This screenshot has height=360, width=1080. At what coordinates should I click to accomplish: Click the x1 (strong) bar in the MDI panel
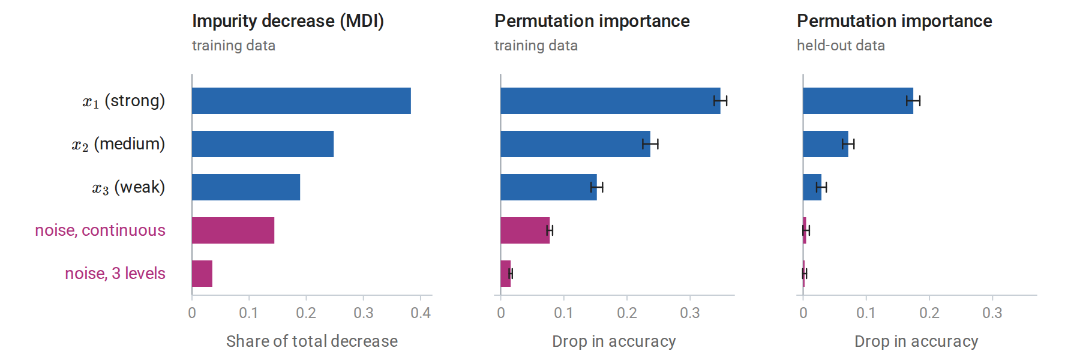pyautogui.click(x=301, y=101)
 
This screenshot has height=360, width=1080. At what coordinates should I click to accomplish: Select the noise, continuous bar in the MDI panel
pyautogui.click(x=233, y=230)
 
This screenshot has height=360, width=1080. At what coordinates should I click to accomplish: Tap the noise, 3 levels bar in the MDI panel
pyautogui.click(x=202, y=274)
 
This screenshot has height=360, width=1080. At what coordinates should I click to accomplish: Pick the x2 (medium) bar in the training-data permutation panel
pyautogui.click(x=575, y=144)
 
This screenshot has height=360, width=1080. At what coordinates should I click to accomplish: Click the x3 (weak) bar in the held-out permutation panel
pyautogui.click(x=812, y=187)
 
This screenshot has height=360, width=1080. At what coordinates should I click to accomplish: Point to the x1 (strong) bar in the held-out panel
pyautogui.click(x=858, y=101)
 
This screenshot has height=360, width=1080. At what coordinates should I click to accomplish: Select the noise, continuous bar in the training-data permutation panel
pyautogui.click(x=525, y=230)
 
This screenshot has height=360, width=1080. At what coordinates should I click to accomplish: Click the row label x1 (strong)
pyautogui.click(x=124, y=101)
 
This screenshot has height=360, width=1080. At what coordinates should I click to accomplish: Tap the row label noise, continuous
pyautogui.click(x=100, y=230)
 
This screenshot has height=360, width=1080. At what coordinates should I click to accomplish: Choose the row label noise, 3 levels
pyautogui.click(x=115, y=274)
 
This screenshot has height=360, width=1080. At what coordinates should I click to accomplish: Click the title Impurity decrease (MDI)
pyautogui.click(x=288, y=21)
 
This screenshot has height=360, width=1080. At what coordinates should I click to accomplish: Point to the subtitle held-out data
pyautogui.click(x=841, y=46)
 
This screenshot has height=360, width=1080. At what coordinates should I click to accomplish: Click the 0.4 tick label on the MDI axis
pyautogui.click(x=421, y=313)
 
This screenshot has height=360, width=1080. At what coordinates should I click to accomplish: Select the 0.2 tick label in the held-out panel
pyautogui.click(x=929, y=313)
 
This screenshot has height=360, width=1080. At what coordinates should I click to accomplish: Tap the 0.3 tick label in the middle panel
pyautogui.click(x=690, y=313)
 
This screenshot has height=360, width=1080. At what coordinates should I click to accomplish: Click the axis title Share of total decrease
pyautogui.click(x=312, y=341)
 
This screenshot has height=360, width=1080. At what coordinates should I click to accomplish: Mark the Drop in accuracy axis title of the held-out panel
pyautogui.click(x=916, y=341)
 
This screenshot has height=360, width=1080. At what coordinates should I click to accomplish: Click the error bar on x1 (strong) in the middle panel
pyautogui.click(x=721, y=101)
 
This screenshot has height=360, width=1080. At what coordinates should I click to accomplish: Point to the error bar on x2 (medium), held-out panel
pyautogui.click(x=848, y=144)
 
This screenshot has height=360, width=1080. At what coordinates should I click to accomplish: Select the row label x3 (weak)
pyautogui.click(x=128, y=187)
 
